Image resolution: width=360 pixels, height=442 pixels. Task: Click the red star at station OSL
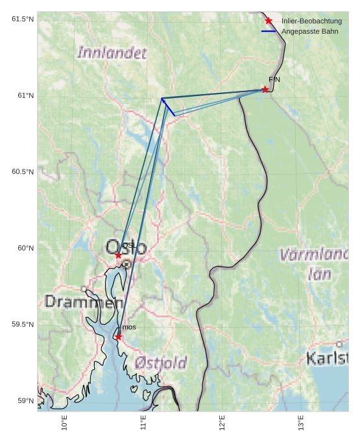[118, 256]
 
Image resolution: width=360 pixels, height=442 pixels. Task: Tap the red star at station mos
[118, 337]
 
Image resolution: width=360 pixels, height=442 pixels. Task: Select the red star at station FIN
[265, 90]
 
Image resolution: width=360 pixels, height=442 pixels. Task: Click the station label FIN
[274, 79]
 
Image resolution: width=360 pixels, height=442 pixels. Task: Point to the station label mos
[129, 327]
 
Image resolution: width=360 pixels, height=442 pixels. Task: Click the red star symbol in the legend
[269, 21]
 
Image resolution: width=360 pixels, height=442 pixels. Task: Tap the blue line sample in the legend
[269, 31]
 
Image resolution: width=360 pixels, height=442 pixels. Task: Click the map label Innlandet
[112, 53]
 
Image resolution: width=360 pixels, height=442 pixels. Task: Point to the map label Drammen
[84, 302]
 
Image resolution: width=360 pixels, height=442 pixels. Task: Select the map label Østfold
[161, 363]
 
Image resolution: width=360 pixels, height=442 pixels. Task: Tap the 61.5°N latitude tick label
[23, 19]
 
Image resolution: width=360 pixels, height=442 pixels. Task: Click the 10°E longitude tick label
[64, 423]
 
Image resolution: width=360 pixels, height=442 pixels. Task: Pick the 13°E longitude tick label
[301, 423]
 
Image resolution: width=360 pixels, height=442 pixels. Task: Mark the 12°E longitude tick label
[222, 423]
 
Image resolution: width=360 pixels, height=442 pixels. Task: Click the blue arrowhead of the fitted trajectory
[163, 101]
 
